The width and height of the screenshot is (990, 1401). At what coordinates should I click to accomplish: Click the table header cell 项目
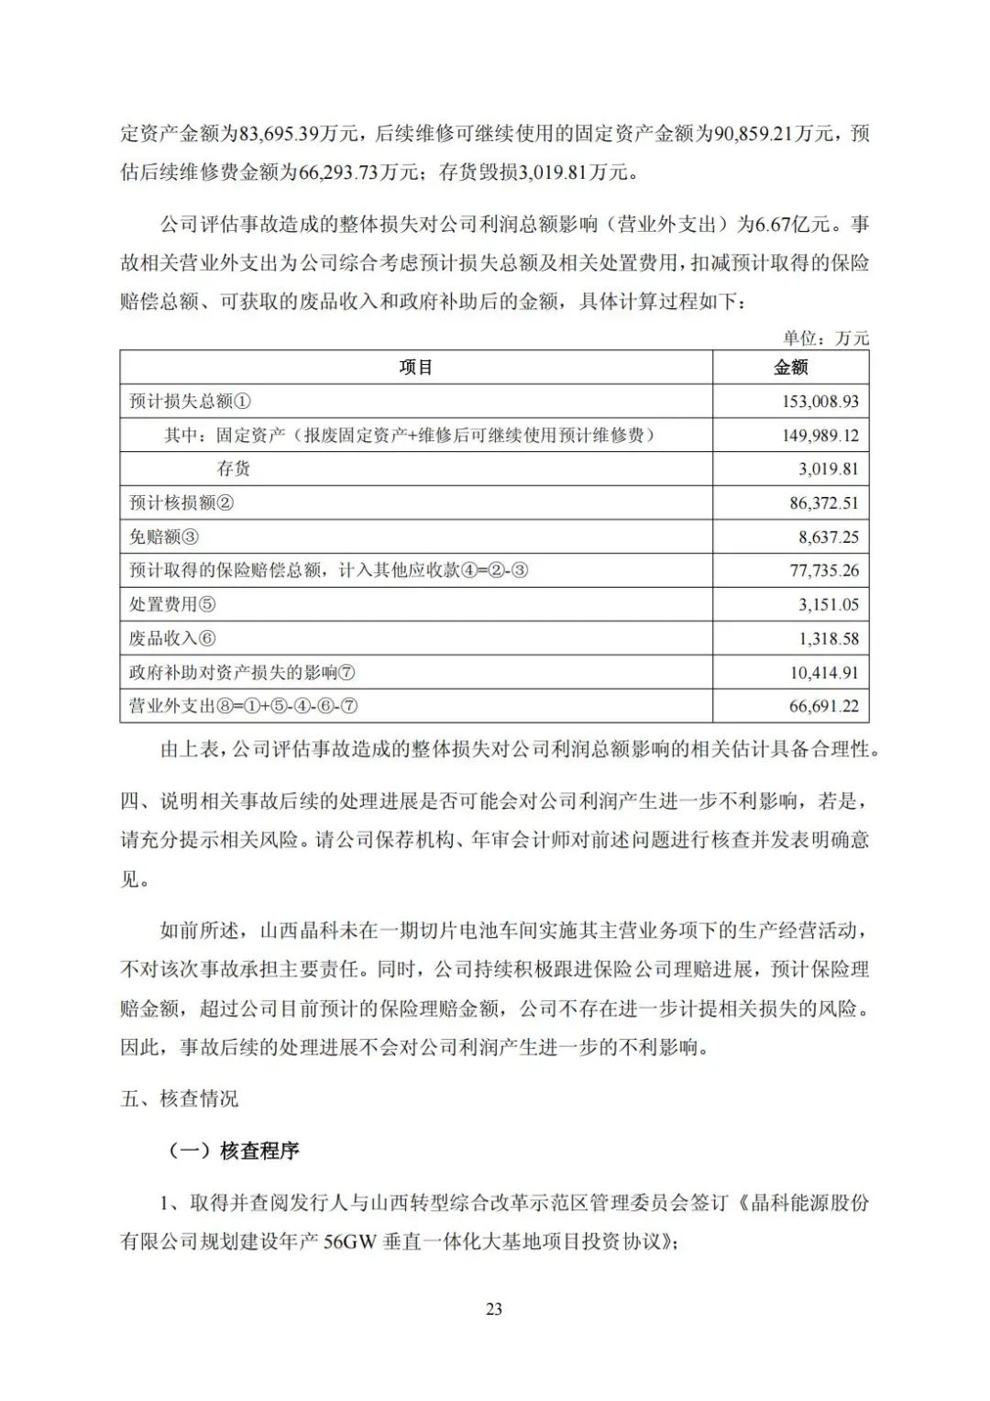415,368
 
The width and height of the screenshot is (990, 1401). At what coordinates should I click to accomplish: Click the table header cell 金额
790,368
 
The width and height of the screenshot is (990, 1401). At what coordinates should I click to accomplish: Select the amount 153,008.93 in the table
820,402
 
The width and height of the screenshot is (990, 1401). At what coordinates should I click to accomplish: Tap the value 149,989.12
820,436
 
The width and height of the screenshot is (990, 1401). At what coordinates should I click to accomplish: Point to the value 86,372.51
824,503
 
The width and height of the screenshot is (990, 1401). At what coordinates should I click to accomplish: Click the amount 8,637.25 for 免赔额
828,537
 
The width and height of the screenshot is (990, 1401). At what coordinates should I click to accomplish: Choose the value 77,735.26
824,570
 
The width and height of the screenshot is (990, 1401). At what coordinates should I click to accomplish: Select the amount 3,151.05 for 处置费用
828,605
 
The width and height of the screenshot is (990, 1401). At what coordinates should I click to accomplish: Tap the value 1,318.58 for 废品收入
828,639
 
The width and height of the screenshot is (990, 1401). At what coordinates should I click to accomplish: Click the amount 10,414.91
824,673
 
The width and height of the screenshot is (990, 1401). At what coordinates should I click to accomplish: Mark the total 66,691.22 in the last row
824,707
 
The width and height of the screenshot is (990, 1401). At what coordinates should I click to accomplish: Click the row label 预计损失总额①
190,402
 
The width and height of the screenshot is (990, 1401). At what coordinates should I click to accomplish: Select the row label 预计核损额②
181,503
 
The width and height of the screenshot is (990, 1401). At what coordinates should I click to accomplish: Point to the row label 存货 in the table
233,469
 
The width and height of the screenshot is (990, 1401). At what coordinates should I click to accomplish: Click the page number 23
494,1309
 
